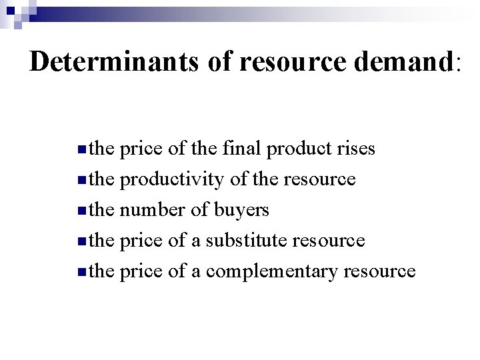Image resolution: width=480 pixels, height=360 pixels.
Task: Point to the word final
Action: [239, 149]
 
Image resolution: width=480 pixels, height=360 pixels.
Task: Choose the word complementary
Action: [282, 271]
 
